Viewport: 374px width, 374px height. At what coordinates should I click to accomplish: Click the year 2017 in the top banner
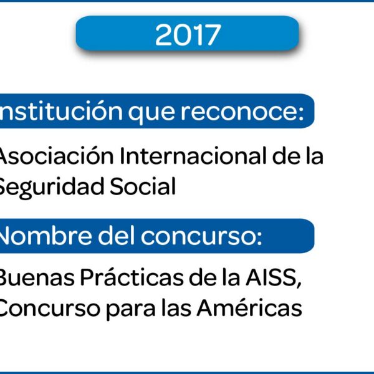pyautogui.click(x=188, y=35)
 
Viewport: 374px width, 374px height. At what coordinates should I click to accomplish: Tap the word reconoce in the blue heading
pyautogui.click(x=239, y=112)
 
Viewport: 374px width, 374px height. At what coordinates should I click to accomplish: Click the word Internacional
pyautogui.click(x=193, y=156)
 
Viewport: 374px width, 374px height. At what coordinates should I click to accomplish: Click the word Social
pyautogui.click(x=143, y=186)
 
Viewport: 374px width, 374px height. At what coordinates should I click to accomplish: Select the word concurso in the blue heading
pyautogui.click(x=197, y=237)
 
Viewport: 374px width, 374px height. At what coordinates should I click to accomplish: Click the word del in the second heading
pyautogui.click(x=116, y=236)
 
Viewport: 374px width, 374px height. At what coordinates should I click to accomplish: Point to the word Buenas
pyautogui.click(x=36, y=277)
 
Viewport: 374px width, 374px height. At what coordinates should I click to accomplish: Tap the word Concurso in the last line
pyautogui.click(x=49, y=308)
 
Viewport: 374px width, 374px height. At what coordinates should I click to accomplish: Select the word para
pyautogui.click(x=130, y=310)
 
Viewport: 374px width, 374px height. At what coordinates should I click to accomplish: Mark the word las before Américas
pyautogui.click(x=176, y=307)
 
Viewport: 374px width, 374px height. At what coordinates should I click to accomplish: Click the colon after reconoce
pyautogui.click(x=301, y=113)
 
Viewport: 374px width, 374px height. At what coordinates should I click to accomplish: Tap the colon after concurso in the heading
pyautogui.click(x=259, y=237)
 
